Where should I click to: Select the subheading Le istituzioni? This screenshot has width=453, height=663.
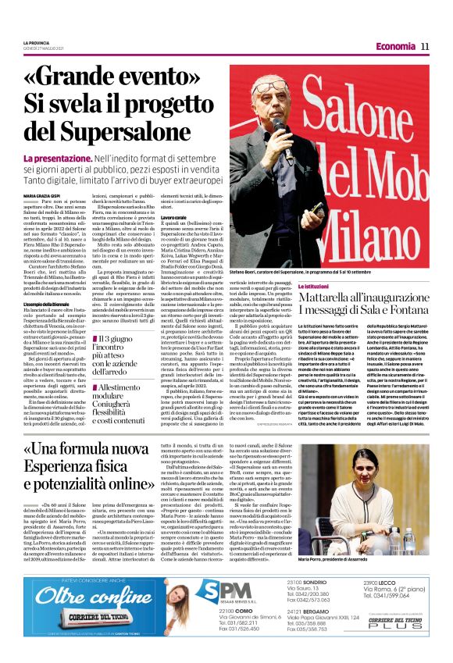316,287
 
